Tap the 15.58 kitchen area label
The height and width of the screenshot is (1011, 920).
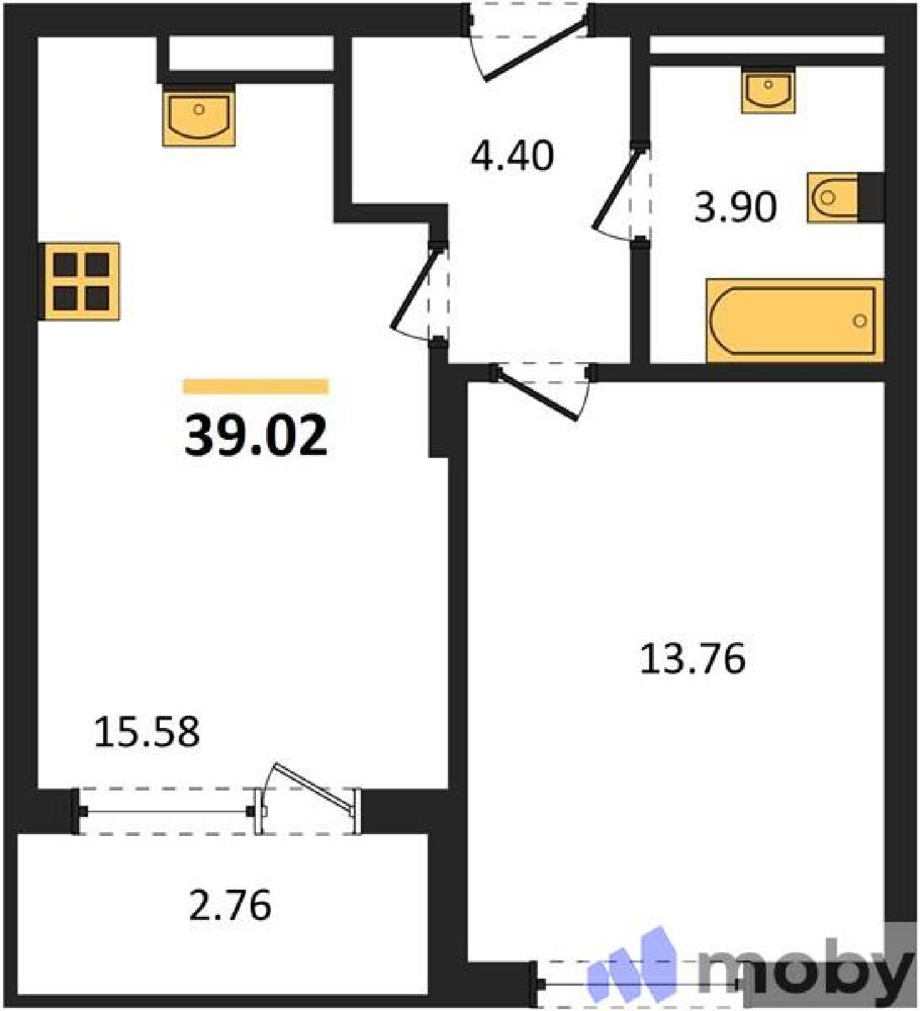click(x=147, y=732)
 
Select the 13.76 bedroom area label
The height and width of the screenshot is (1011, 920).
click(x=693, y=658)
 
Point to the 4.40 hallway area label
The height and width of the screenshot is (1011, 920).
click(x=512, y=155)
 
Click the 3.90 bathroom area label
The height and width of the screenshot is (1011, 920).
click(x=735, y=207)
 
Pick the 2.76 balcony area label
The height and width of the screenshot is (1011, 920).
click(x=231, y=905)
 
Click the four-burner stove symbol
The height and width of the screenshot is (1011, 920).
click(x=79, y=281)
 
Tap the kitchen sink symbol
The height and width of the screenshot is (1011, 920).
click(x=199, y=116)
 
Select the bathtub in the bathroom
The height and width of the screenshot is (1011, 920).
click(x=795, y=320)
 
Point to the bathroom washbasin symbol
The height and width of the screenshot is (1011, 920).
click(x=768, y=90)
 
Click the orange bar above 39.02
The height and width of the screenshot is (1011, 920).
click(x=256, y=386)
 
